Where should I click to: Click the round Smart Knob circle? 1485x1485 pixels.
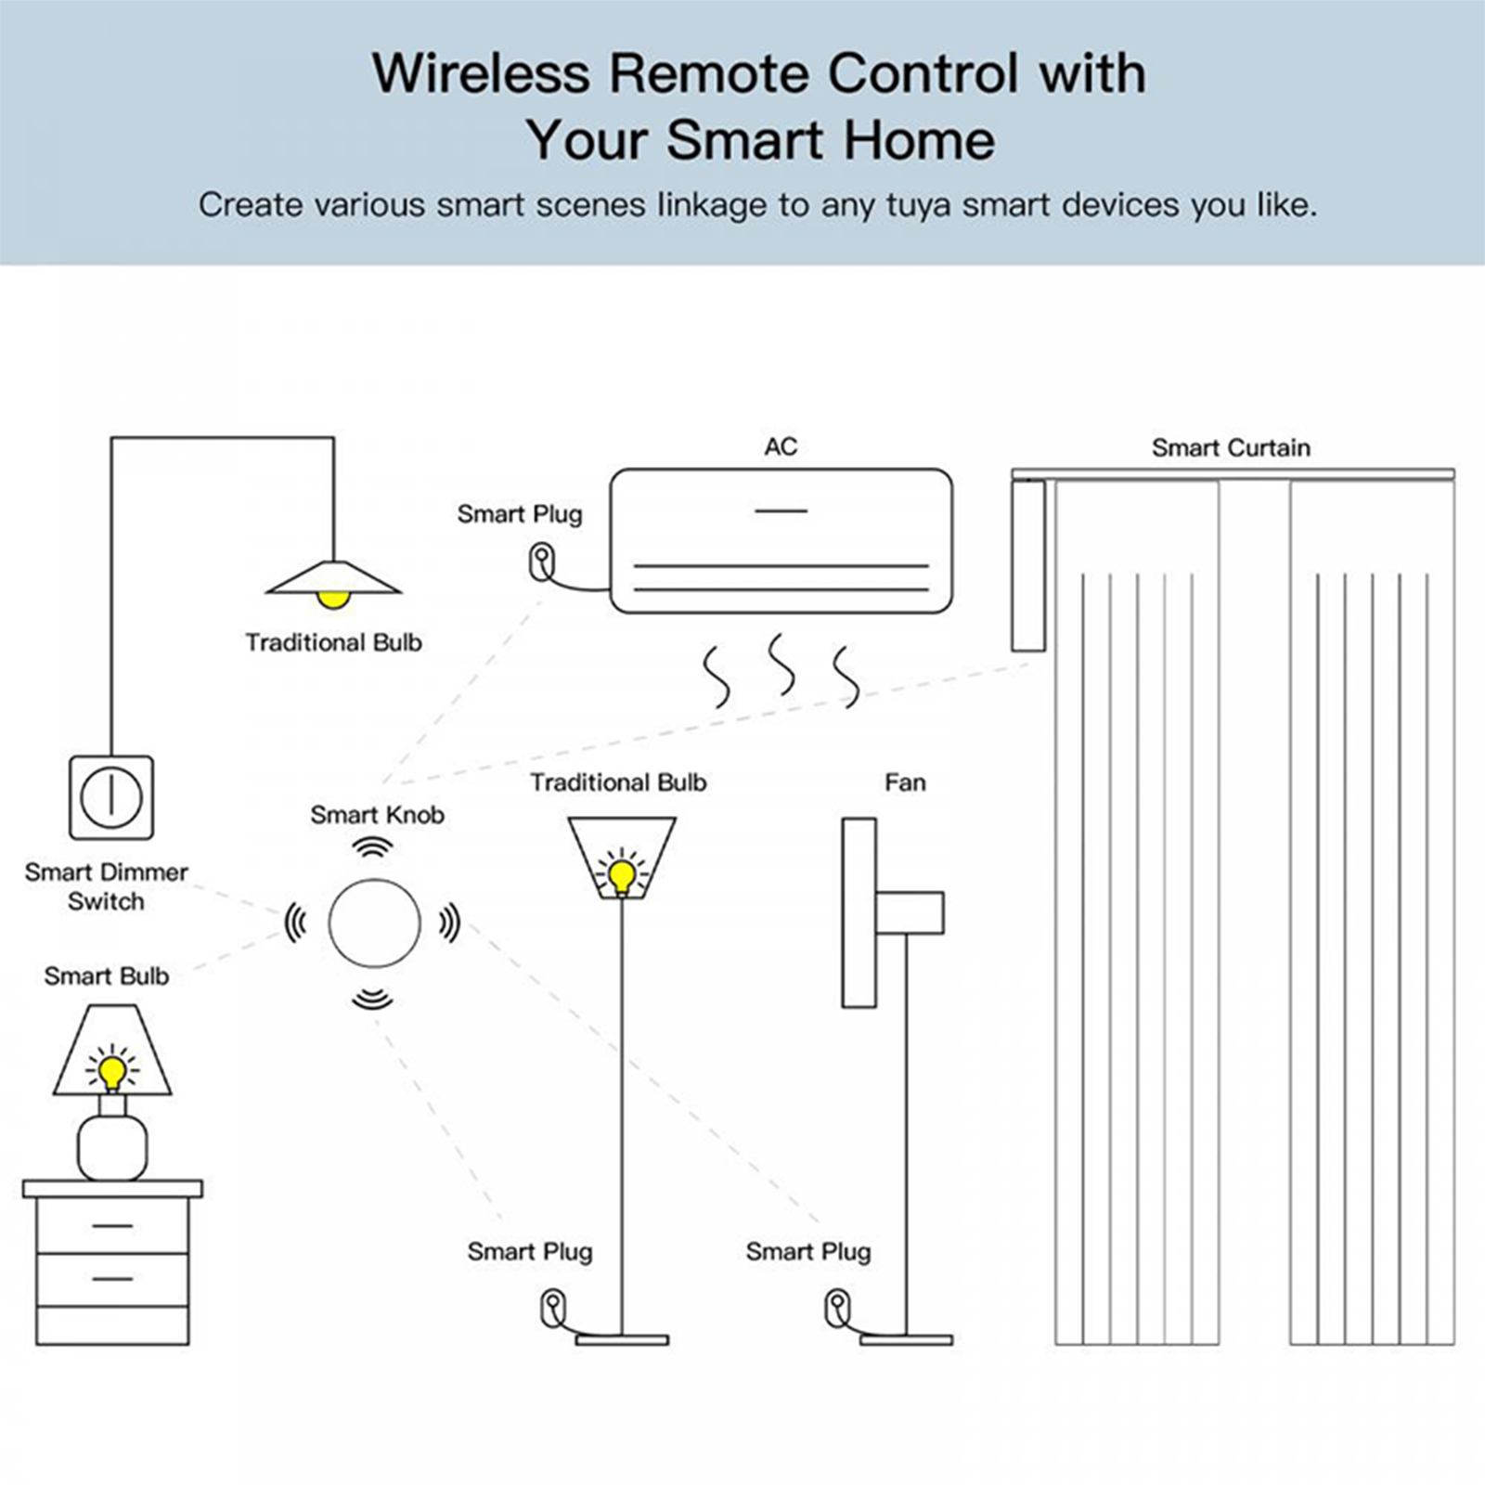pos(374,923)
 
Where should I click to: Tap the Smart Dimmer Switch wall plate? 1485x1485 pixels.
pos(111,797)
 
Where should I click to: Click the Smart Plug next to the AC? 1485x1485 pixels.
pos(541,562)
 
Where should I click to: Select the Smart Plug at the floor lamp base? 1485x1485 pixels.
pos(553,1309)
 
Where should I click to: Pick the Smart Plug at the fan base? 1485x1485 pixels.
pos(837,1309)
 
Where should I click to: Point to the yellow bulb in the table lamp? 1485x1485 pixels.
pos(112,1072)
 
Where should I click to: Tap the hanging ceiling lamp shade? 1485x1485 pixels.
pos(333,579)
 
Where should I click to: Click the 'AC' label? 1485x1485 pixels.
pos(781,447)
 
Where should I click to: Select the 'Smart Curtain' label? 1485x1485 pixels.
pos(1231,448)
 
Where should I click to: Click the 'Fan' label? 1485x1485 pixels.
pos(905,783)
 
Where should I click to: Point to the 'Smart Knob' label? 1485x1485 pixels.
pos(377,815)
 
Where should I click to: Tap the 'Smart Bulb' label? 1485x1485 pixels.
pos(107,976)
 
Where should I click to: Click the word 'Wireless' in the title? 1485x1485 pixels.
pos(481,73)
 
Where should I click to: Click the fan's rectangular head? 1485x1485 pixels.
pos(859,912)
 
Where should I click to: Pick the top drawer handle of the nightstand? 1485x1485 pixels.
pos(112,1226)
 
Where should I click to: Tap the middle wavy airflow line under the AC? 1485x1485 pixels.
pos(781,665)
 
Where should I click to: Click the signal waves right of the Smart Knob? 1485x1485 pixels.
pos(449,923)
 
